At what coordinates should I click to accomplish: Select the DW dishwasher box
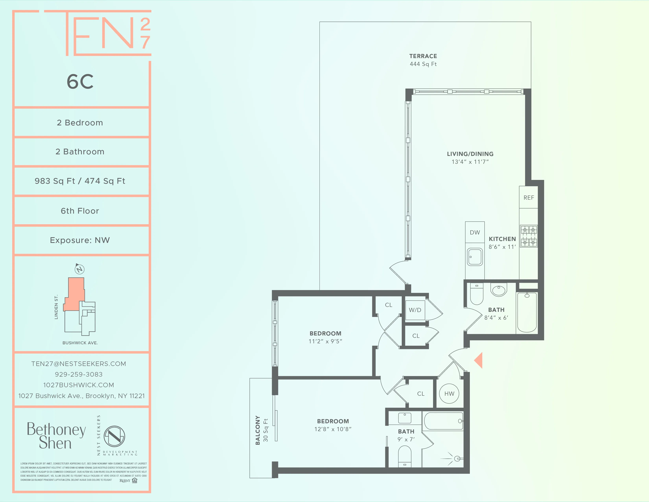pyautogui.click(x=475, y=232)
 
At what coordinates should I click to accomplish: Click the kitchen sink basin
pyautogui.click(x=475, y=257)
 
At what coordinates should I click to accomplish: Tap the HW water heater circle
pyautogui.click(x=449, y=394)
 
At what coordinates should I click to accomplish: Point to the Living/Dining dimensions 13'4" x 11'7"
pyautogui.click(x=470, y=162)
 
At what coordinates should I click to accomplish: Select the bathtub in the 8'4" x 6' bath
pyautogui.click(x=527, y=312)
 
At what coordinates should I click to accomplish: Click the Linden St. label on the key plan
pyautogui.click(x=56, y=307)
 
